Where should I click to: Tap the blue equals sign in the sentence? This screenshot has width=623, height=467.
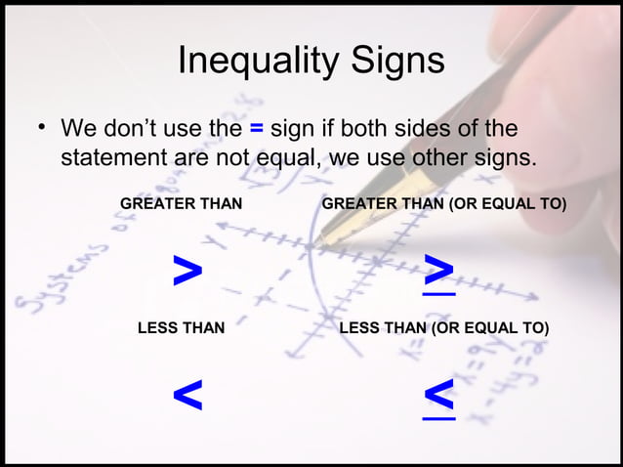click(257, 129)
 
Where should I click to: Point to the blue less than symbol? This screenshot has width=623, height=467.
click(187, 396)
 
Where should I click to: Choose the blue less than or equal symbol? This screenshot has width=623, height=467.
click(439, 399)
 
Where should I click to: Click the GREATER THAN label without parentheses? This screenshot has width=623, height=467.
click(181, 203)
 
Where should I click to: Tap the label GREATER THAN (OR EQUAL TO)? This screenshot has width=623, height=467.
click(444, 203)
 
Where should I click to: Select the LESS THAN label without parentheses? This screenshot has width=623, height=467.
click(181, 328)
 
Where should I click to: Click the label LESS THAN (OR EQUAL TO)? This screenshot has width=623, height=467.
click(443, 328)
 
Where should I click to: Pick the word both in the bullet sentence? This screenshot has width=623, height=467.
click(359, 129)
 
